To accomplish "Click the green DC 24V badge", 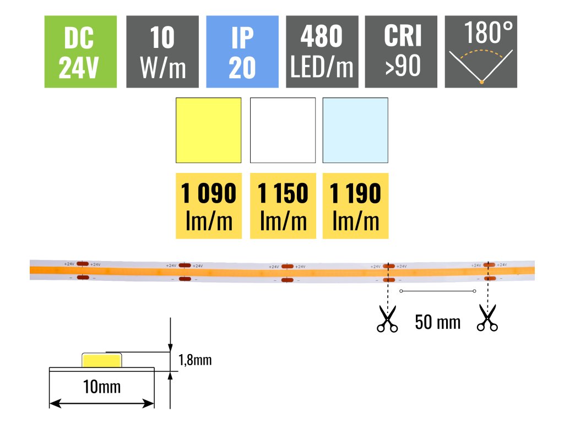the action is click(81, 52).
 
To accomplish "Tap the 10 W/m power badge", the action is click(162, 52).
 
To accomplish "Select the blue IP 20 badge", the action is click(242, 52).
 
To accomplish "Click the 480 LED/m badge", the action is click(322, 52).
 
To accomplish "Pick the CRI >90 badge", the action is click(401, 52).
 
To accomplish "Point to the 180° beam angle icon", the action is click(481, 52).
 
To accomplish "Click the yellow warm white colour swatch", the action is click(209, 131).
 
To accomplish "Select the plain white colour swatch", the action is click(283, 131).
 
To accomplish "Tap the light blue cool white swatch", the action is click(355, 131).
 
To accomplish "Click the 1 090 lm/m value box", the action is click(209, 206).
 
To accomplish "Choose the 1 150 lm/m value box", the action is click(283, 206).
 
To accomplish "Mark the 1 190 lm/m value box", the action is click(355, 206).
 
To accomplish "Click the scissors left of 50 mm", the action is click(387, 319).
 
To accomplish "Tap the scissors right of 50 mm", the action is click(487, 319).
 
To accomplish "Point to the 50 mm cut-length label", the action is click(437, 322).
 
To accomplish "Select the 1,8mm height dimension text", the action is click(195, 361).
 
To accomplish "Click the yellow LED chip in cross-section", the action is click(101, 360).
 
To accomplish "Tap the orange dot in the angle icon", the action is click(481, 82).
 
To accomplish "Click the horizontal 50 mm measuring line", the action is click(437, 291).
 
